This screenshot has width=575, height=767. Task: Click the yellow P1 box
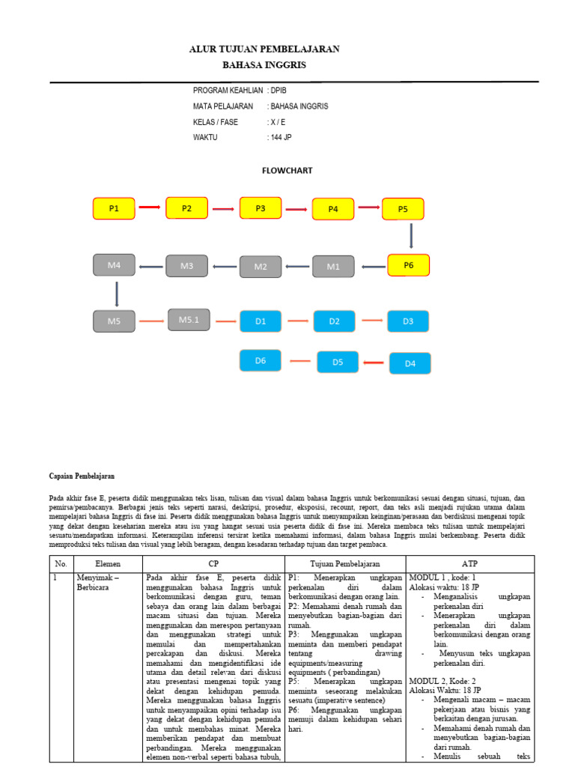click(x=114, y=208)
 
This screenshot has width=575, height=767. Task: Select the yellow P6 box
click(x=409, y=265)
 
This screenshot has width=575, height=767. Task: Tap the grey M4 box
click(x=115, y=265)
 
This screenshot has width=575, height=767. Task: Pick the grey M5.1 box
click(x=189, y=320)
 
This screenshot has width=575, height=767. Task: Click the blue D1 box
click(x=261, y=321)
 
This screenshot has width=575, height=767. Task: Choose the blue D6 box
click(x=261, y=360)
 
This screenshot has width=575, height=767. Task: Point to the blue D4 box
click(x=410, y=363)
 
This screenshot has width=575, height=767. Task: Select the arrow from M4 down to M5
click(x=117, y=293)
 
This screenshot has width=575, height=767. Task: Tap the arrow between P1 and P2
click(x=150, y=207)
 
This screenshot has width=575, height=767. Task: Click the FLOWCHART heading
click(x=287, y=171)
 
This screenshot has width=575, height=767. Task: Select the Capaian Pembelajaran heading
click(x=82, y=476)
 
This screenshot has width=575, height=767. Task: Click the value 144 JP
click(x=282, y=137)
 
